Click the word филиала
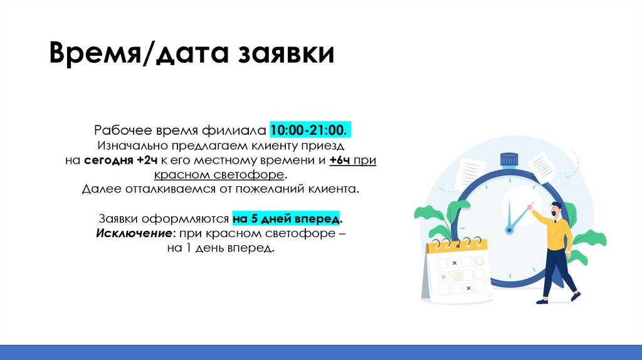234,130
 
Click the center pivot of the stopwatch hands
509,230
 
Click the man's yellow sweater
556,233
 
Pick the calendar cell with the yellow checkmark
457,276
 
